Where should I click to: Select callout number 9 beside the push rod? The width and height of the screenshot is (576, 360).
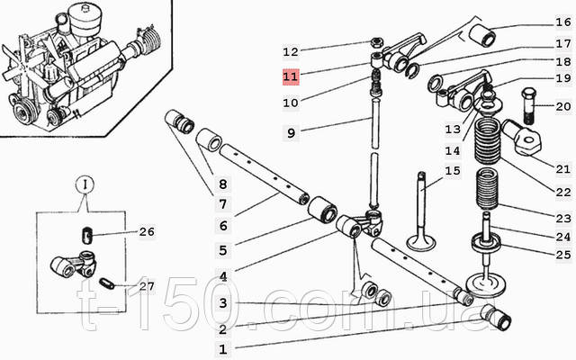pyautogui.click(x=290, y=133)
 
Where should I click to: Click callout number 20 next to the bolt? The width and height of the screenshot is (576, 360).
pyautogui.click(x=562, y=107)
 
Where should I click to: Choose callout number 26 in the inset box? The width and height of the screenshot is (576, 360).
pyautogui.click(x=146, y=231)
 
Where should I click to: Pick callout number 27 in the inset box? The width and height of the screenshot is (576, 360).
pyautogui.click(x=146, y=286)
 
